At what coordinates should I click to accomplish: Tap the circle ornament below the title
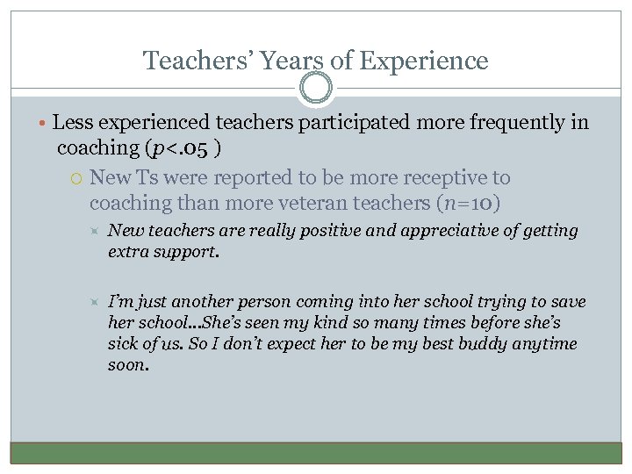[x=316, y=88]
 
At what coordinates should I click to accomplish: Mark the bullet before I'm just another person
[x=96, y=302]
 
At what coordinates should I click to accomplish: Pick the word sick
[x=125, y=344]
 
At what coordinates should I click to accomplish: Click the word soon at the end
[x=128, y=365]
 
